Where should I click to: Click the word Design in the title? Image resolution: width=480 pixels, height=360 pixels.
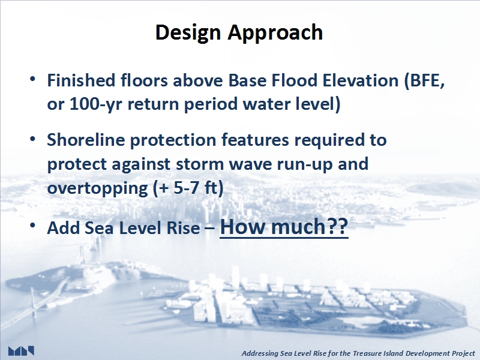pos(188,32)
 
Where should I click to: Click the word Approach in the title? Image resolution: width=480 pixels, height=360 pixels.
pos(275,32)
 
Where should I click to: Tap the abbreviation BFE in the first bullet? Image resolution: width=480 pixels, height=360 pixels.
pos(424,80)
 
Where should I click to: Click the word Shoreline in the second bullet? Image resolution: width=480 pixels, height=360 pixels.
pos(86,140)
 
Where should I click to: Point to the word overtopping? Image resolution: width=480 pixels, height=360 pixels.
pos(97,188)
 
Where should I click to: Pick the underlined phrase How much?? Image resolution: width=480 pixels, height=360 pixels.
pos(284,227)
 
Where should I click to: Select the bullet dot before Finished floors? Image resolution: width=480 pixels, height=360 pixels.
pos(33,79)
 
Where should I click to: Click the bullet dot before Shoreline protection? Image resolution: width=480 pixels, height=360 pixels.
pos(33,139)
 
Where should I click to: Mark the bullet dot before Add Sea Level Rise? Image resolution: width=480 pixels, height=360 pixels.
pos(33,226)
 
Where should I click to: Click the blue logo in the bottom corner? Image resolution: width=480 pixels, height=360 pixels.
pos(21,351)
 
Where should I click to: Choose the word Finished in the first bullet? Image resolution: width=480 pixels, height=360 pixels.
pos(81,80)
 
